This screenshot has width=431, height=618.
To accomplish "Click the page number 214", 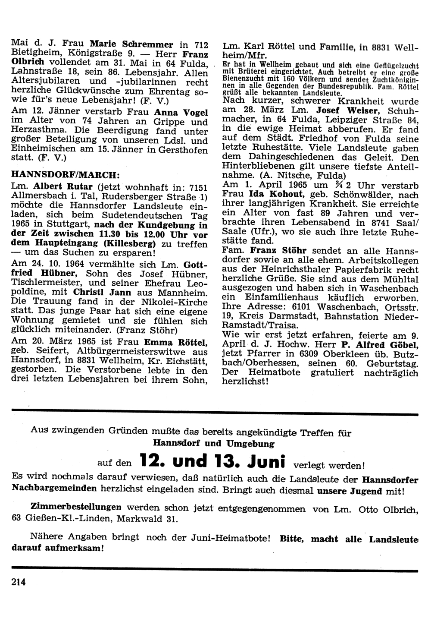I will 19,581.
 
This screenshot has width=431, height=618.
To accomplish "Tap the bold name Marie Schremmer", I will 131,44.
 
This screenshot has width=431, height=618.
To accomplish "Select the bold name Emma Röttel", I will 181,343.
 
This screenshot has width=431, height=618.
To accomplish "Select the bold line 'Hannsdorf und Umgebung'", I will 214,443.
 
